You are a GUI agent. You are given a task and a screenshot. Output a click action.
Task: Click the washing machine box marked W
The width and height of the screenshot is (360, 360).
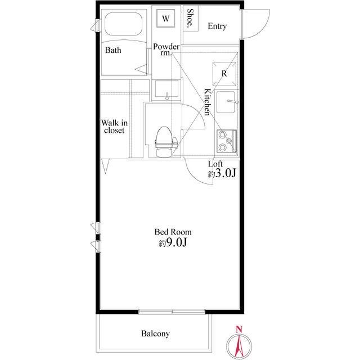[165, 18]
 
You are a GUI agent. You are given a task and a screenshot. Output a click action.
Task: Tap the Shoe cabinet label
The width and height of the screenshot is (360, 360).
[190, 18]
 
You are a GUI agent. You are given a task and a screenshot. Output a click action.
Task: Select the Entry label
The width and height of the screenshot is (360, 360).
[217, 26]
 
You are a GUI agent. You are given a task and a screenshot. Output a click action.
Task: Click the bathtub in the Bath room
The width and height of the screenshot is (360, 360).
[124, 24]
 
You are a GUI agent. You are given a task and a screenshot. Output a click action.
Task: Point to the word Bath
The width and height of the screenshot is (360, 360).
[113, 50]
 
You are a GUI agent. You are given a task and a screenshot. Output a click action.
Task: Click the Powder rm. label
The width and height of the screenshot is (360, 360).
[166, 49]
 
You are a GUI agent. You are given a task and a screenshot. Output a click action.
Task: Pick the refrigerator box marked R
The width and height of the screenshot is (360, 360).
[224, 74]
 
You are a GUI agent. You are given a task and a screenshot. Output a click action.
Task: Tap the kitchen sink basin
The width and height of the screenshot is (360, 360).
[226, 102]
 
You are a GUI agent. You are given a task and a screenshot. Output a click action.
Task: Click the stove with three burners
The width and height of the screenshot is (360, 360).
[227, 141]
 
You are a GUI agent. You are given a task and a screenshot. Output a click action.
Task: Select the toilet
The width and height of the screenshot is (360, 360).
[165, 141]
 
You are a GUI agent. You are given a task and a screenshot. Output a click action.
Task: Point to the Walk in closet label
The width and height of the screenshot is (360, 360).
[114, 127]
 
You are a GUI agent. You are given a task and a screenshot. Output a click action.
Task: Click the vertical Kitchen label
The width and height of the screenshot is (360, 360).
[208, 102]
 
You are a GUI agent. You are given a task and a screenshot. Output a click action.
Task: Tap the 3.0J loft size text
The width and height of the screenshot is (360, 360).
[222, 173]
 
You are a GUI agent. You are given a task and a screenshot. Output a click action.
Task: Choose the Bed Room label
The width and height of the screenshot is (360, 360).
[173, 232]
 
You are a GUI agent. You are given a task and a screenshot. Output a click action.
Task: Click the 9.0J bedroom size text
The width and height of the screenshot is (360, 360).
[173, 242]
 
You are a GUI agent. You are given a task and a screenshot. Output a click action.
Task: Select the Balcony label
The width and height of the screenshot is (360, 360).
[155, 334]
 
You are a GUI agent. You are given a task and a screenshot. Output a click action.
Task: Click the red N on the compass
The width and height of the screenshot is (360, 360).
[239, 329]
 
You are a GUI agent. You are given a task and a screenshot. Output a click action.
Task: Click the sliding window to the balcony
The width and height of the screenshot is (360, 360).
[172, 312]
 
